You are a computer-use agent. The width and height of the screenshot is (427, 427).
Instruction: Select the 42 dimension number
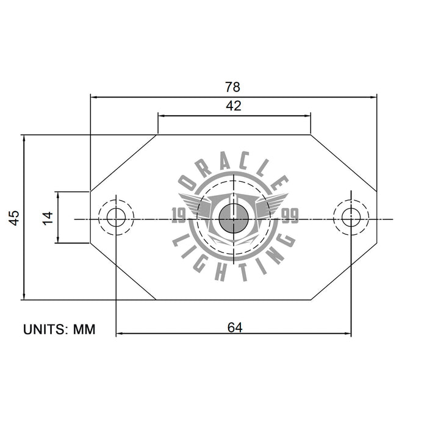(234, 106)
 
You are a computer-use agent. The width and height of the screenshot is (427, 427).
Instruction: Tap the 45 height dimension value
(14, 218)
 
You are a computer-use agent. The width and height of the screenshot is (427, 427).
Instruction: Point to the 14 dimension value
(48, 218)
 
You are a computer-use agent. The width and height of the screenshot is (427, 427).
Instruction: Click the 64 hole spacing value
(235, 327)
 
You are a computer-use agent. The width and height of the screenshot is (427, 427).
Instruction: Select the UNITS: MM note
(60, 329)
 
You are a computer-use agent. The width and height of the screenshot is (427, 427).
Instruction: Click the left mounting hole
(115, 217)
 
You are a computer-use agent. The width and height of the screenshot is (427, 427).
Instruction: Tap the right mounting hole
(351, 217)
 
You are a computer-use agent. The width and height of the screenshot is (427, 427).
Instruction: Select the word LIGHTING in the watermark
(234, 259)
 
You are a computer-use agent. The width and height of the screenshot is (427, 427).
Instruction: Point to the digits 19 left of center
(180, 215)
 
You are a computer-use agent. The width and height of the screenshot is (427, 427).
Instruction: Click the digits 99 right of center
(290, 215)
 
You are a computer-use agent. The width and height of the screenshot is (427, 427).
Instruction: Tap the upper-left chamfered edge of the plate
(124, 163)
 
